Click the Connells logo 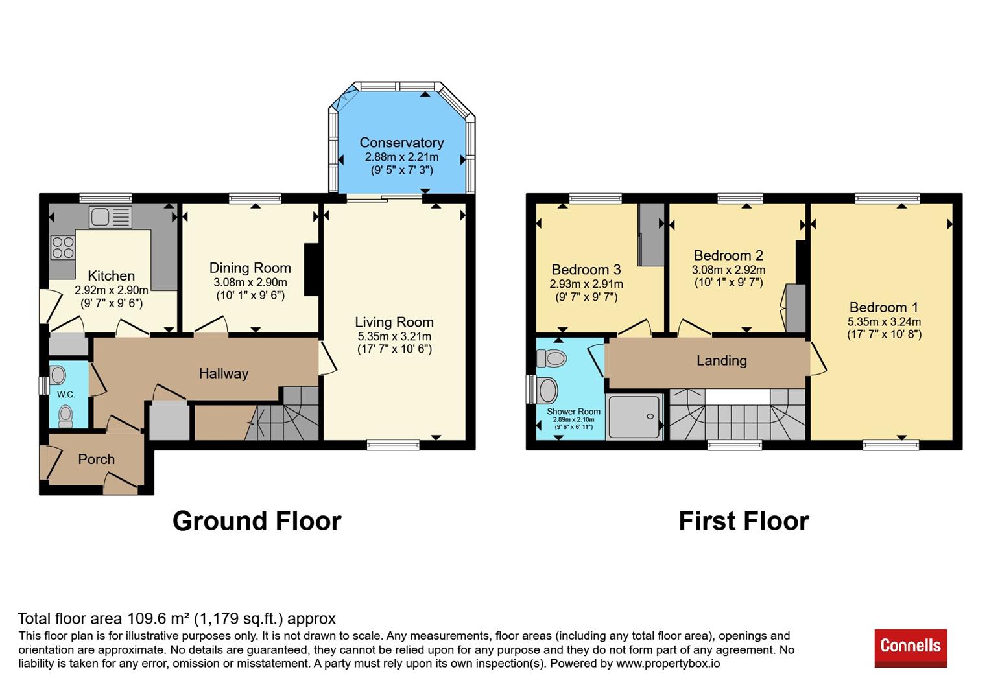click(x=911, y=647)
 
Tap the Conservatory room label click(x=402, y=143)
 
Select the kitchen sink click(x=110, y=217)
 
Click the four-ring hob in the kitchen click(x=62, y=248)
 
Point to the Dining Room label click(x=250, y=268)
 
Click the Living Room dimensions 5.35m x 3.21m click(x=394, y=336)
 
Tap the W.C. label click(x=65, y=394)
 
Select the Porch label click(x=97, y=459)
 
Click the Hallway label click(x=224, y=374)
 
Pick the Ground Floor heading click(x=257, y=520)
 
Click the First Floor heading click(x=744, y=520)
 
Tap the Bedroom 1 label click(x=883, y=307)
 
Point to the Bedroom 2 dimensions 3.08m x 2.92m click(x=728, y=270)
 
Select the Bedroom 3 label click(x=586, y=270)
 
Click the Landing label click(x=722, y=360)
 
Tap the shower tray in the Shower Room click(x=634, y=416)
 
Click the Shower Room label click(x=574, y=412)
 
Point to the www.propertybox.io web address click(x=669, y=664)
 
